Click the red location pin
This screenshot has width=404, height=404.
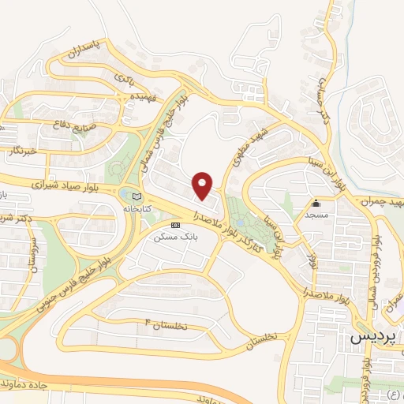click(204, 185)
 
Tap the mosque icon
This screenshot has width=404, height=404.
click(317, 203)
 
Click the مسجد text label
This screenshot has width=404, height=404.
click(317, 214)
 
